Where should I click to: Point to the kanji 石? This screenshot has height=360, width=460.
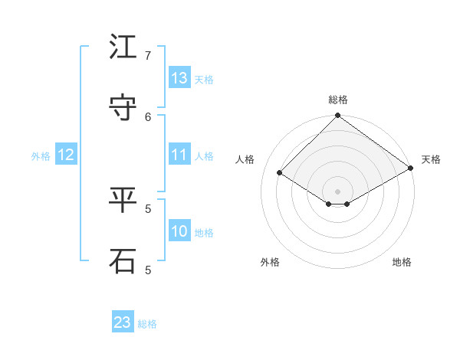point(123,261)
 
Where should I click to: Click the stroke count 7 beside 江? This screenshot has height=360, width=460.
point(148,56)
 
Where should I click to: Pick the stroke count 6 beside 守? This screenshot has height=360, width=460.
point(148,116)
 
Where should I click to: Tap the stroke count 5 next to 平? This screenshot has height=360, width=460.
point(148,208)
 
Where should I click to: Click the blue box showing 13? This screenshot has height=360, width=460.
point(179,78)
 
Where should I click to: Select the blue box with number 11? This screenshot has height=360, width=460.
point(179,155)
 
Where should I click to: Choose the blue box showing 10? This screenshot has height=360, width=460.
point(179,231)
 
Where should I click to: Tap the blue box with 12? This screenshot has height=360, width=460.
point(66,155)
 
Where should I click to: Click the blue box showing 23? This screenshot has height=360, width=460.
point(123,322)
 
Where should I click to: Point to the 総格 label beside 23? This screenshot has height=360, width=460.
point(147,324)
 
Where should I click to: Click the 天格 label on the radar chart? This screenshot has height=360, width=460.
point(431,159)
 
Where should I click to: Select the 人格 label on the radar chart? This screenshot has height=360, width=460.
point(245,159)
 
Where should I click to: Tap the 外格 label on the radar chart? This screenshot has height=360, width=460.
point(270,262)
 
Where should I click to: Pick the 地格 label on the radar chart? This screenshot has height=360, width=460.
point(402,262)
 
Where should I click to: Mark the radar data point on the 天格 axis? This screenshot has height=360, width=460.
point(411,169)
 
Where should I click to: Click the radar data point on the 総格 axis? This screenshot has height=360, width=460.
point(337,116)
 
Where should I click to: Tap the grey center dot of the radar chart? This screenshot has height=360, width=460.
point(337,191)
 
